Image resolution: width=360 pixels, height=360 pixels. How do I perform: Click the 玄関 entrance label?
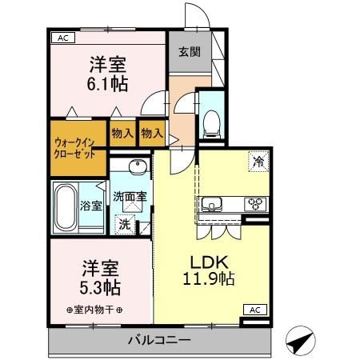pos(190,53)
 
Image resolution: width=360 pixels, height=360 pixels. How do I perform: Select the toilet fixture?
pos(212,121)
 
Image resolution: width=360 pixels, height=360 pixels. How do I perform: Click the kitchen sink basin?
pos(214,202)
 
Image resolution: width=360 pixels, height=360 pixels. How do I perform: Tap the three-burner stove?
pos(255,202)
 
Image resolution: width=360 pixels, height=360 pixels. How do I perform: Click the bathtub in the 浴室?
pos(66,207)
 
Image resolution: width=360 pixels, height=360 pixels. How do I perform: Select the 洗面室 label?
pos(129,196)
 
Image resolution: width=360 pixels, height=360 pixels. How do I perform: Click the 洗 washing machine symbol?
pos(124,224)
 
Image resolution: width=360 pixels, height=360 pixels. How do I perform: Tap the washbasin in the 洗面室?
pos(135,167)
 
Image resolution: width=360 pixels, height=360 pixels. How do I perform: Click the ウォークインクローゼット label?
pos(78,148)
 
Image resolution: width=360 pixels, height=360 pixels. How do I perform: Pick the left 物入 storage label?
pos(122,133)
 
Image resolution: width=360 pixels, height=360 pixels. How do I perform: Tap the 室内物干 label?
pos(95,310)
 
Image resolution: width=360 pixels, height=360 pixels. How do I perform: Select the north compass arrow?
pos(298,342)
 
